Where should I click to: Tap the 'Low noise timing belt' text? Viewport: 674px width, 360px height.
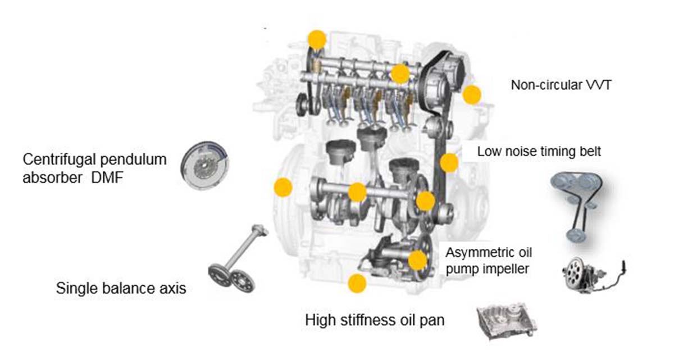(539, 152)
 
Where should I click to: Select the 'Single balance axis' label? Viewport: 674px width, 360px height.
(121, 289)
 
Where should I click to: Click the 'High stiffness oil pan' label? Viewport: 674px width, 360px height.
(375, 321)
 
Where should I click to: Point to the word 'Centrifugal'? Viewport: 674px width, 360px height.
(55, 159)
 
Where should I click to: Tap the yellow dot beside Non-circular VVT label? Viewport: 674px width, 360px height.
(472, 94)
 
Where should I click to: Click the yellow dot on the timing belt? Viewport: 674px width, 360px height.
(449, 163)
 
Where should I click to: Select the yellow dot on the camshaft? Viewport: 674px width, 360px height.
(400, 73)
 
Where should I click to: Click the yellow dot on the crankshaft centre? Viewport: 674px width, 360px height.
(357, 192)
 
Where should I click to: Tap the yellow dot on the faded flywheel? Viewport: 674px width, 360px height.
(283, 187)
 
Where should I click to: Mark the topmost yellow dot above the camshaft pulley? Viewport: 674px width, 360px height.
(317, 39)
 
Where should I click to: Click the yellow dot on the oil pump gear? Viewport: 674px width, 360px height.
(417, 260)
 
